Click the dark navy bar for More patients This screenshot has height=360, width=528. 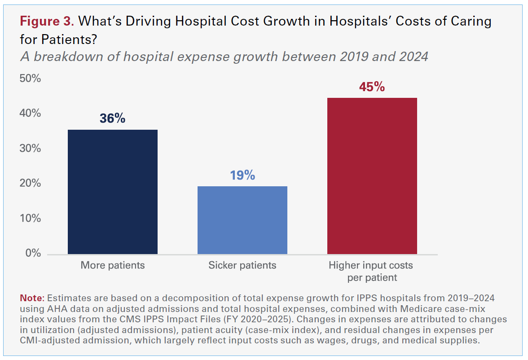pos(112,192)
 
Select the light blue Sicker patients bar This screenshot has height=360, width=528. pos(242,220)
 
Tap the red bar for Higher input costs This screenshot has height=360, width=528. pos(372,176)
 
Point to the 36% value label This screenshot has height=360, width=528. pos(112,119)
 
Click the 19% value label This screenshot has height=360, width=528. pos(242,176)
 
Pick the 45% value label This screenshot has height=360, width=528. pos(372,87)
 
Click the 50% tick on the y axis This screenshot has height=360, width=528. pos(30,79)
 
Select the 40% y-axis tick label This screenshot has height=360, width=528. pos(30,114)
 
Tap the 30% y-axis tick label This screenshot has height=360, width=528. pos(30,149)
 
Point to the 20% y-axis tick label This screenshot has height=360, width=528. pos(30,184)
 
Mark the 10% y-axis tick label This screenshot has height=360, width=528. pos(30,219)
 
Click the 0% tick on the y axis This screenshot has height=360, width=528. pos(33,253)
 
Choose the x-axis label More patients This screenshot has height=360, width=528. pos(113,265)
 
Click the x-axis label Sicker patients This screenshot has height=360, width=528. pos(242,265)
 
